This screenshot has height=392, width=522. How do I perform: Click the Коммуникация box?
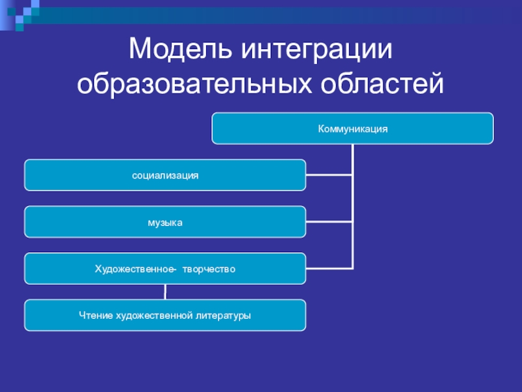click(x=352, y=129)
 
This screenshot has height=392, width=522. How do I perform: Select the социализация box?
click(x=165, y=175)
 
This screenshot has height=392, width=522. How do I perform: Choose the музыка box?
click(x=165, y=222)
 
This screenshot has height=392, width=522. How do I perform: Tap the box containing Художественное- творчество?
click(x=165, y=269)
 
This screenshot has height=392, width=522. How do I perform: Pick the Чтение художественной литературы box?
click(x=165, y=316)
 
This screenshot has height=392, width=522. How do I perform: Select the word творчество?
click(x=209, y=269)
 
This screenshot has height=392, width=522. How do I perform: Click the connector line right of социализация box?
click(x=329, y=175)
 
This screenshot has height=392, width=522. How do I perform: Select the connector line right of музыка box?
click(x=329, y=222)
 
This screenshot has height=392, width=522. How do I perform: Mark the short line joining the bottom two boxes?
click(x=165, y=292)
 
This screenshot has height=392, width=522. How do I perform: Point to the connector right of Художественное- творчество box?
click(x=329, y=269)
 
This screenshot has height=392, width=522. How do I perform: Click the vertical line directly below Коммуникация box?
click(x=352, y=157)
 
